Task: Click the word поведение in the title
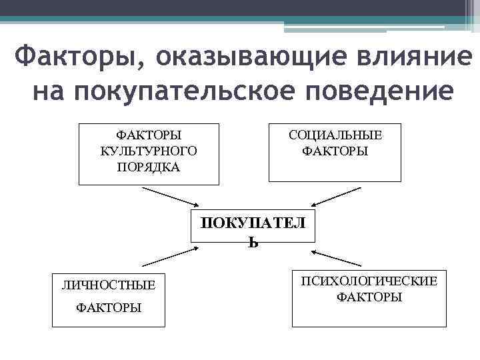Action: [x=383, y=90]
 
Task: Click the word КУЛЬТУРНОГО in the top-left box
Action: [x=149, y=151]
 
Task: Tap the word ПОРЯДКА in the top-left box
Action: [x=149, y=166]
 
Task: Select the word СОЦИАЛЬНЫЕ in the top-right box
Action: [x=335, y=135]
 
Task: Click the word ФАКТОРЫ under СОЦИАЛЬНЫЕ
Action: [x=335, y=151]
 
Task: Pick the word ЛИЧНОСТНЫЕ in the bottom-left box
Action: [x=109, y=285]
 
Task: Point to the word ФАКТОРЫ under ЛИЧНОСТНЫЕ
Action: [x=109, y=307]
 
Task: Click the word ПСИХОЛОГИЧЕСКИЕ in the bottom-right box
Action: [x=369, y=281]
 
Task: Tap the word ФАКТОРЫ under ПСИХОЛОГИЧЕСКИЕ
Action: [x=369, y=297]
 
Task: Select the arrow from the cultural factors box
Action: [x=170, y=197]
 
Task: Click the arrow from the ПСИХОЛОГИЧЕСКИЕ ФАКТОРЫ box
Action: [x=337, y=259]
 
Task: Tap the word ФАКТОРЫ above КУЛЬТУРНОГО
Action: [x=149, y=135]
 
